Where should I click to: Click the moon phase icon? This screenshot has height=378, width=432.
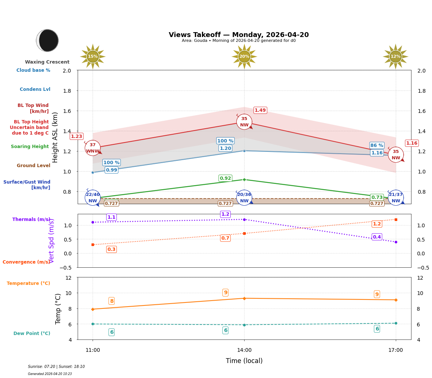point(47,40)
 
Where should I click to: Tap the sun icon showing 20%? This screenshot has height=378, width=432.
point(244,56)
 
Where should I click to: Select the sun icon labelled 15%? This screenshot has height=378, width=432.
point(93,56)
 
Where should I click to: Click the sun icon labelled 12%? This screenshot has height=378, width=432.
point(395,56)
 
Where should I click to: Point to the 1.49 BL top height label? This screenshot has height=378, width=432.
point(260,110)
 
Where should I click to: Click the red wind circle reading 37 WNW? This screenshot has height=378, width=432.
point(93,148)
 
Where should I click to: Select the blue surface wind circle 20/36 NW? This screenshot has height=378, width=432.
point(244,198)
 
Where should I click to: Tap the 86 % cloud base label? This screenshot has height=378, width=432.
point(377,145)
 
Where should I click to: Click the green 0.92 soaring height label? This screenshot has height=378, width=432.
point(225,178)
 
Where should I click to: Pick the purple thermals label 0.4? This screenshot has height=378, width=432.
point(377,237)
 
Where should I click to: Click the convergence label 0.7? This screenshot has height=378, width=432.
point(225,238)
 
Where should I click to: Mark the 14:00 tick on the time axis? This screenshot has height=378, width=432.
point(244,350)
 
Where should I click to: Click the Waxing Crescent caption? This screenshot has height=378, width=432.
point(47,62)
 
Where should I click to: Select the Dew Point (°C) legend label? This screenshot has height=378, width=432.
point(32,334)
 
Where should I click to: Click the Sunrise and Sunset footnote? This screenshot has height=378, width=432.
point(56,367)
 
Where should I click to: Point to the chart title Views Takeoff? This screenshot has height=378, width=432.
point(239,35)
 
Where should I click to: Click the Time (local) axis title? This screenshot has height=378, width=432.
point(244,361)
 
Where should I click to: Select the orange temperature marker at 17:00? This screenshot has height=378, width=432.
point(396,300)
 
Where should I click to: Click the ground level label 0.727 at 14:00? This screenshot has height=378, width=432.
point(225,203)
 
